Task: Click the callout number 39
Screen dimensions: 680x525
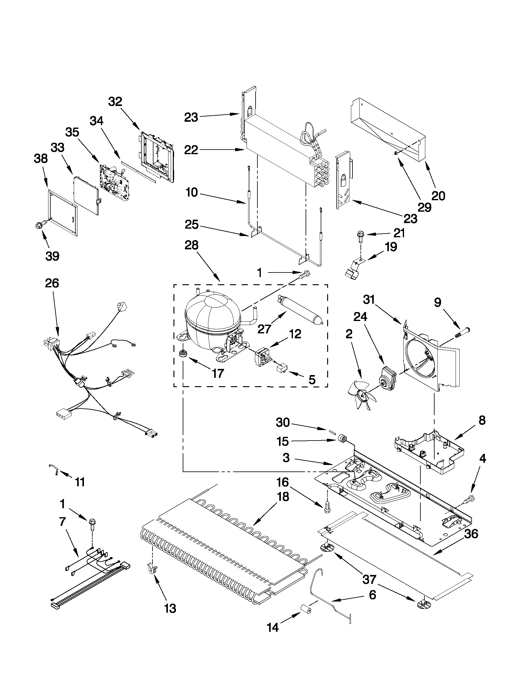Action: coord(52,256)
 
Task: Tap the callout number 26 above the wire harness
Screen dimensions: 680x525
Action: coord(52,283)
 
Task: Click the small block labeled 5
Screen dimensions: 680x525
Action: coord(282,369)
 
